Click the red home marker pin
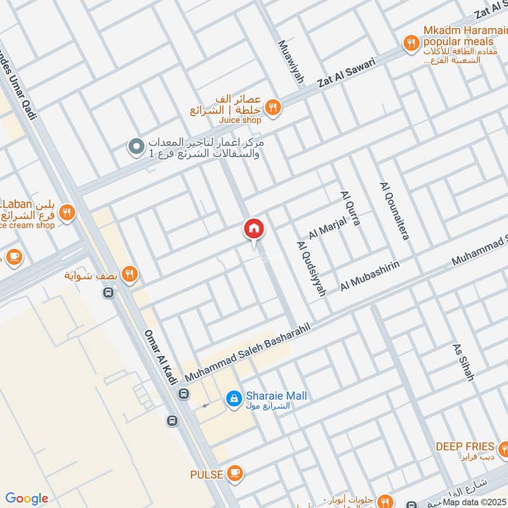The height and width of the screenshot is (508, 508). [x=254, y=229]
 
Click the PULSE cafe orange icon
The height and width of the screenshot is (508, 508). [x=235, y=473]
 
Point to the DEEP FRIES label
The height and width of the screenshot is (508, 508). [x=465, y=446]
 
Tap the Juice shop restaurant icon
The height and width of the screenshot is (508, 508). [x=273, y=107]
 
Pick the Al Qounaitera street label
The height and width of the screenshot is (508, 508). [x=394, y=211]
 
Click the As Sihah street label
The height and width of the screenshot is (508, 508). [x=464, y=363]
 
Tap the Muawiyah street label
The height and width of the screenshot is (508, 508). [x=291, y=63]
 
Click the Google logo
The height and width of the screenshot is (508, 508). [x=27, y=498]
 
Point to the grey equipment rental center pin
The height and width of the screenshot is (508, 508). [x=135, y=147]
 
